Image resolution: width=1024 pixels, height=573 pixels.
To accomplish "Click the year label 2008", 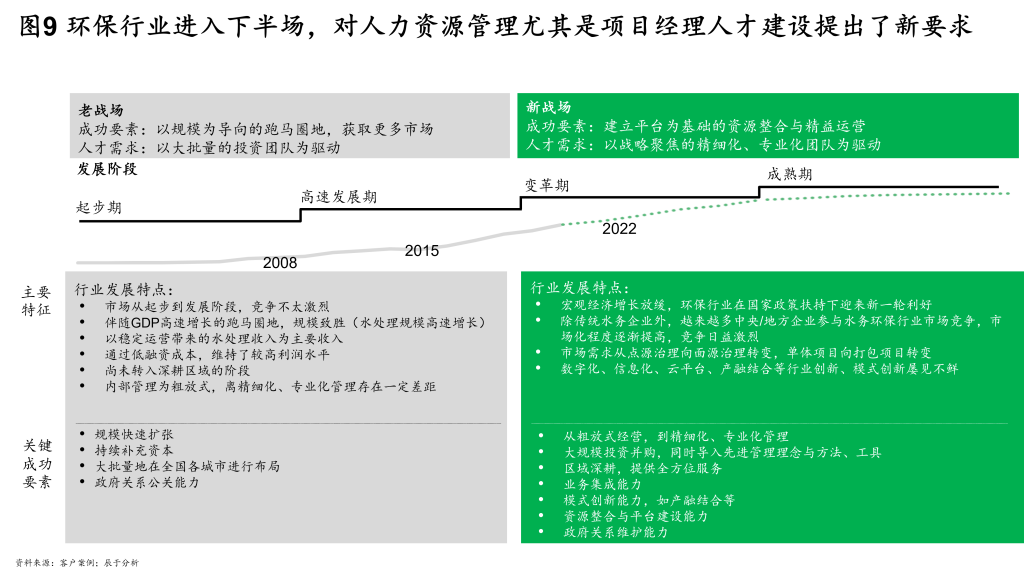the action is (x=280, y=263).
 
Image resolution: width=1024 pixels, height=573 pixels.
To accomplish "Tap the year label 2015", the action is (x=422, y=251).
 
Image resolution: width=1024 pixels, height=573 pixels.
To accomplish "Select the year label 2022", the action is (x=619, y=229).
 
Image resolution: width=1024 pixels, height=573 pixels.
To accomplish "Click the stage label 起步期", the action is (x=99, y=208).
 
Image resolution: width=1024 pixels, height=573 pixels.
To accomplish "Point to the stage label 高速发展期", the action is (x=339, y=197).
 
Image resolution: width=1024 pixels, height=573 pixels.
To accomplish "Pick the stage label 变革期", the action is (x=547, y=186).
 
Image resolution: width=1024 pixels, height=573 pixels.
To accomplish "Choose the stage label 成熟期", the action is (x=790, y=174).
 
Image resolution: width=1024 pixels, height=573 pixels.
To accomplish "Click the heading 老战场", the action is (x=101, y=110).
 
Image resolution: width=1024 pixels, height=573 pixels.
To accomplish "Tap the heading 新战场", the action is (x=549, y=106).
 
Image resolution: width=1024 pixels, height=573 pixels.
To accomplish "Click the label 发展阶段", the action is (x=107, y=169).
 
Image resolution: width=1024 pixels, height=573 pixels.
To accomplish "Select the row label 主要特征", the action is (x=36, y=301).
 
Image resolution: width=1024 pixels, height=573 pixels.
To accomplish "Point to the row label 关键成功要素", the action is (x=37, y=464).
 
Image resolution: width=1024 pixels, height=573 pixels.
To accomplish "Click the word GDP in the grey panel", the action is (x=145, y=323).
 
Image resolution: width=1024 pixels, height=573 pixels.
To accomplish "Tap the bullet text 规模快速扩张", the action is (x=134, y=434).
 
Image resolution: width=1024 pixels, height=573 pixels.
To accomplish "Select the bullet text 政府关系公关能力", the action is (x=147, y=482).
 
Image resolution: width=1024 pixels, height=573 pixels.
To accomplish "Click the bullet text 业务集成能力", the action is (x=603, y=484).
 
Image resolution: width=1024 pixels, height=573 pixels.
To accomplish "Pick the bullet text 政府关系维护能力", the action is (x=616, y=532).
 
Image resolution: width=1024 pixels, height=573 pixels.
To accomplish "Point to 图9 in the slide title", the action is (x=39, y=26).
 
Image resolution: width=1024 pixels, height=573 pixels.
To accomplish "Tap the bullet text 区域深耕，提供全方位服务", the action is (x=643, y=468).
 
